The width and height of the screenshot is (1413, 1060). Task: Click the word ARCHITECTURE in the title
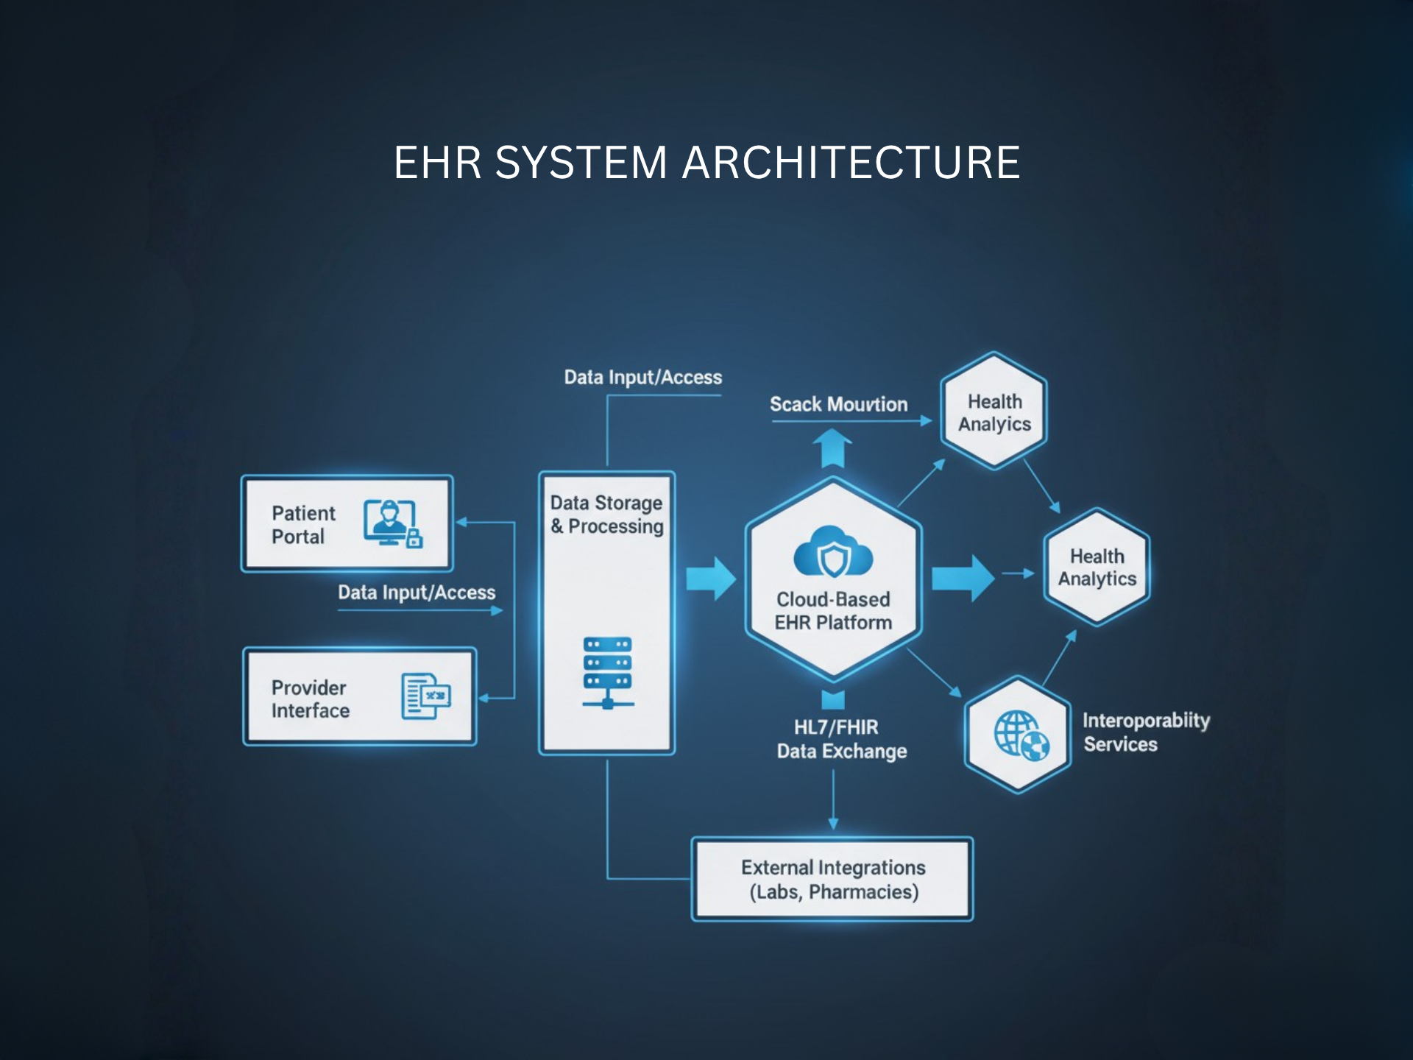point(851,163)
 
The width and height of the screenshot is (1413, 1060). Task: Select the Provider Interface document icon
point(425,696)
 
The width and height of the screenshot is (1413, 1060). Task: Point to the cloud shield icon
point(833,553)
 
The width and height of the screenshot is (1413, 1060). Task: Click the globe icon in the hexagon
point(1021,735)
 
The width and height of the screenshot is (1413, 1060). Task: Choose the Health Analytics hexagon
point(1097,568)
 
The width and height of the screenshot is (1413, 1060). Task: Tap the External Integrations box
point(832,879)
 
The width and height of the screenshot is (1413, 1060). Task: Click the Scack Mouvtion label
point(838,404)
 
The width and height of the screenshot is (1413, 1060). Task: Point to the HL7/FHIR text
point(836,727)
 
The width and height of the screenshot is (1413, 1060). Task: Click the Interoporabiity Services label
point(1145,732)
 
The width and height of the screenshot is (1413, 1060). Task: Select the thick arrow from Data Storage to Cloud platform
point(710,579)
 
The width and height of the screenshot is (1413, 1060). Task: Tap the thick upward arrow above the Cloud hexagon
point(832,448)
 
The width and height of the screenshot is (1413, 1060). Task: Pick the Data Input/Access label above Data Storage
point(642,378)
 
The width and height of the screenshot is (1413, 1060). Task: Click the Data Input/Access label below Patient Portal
point(417,593)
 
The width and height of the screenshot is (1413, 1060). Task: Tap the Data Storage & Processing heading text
point(606,515)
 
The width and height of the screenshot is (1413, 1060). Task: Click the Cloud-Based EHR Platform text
point(833,611)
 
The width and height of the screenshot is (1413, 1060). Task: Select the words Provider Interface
point(310,699)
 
